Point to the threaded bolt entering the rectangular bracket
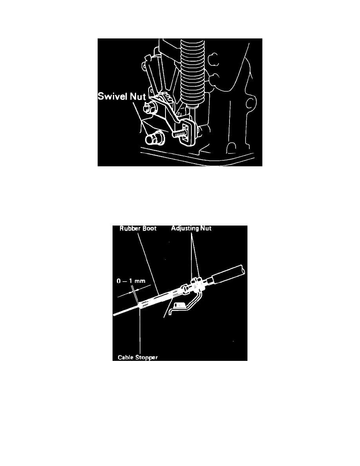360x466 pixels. (178, 133)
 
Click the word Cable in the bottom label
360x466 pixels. (127, 357)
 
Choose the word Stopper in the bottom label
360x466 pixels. (147, 357)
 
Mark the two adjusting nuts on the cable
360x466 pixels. (195, 284)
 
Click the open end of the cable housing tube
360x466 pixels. (242, 270)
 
